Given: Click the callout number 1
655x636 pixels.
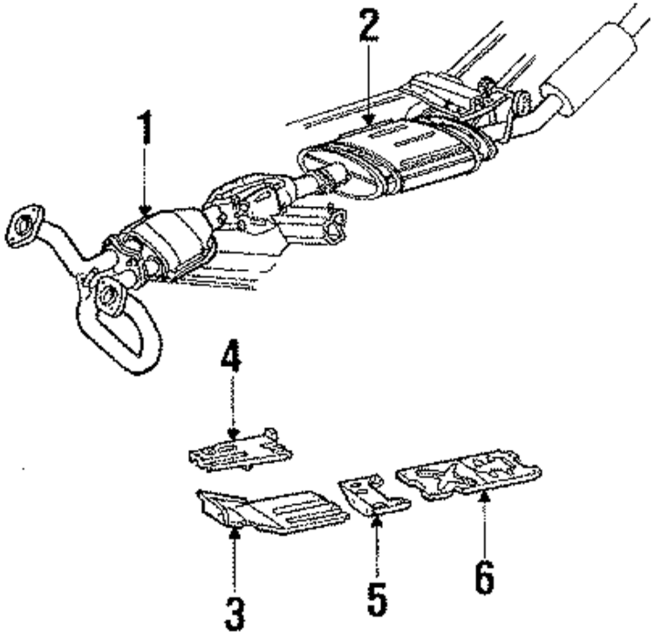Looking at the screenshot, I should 145,128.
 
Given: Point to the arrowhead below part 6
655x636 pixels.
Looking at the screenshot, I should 484,493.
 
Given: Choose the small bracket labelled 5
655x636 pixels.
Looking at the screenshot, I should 370,495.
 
